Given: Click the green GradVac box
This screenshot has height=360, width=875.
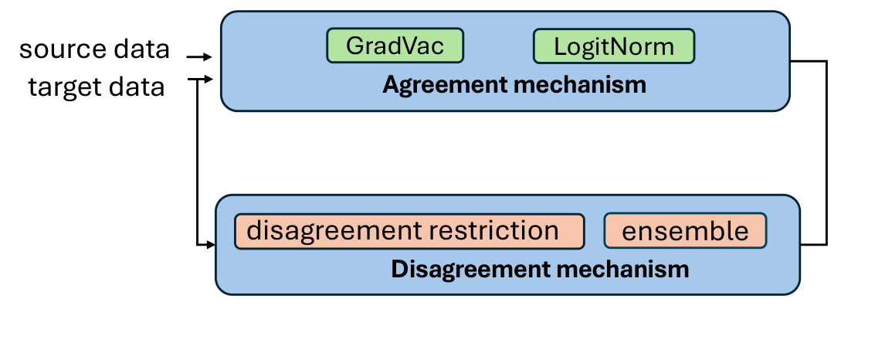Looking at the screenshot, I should [395, 46].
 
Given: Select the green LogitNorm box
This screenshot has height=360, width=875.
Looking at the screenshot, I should [614, 46].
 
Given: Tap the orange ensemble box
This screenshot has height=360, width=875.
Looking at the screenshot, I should [685, 231].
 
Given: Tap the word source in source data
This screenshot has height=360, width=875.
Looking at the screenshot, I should [61, 49].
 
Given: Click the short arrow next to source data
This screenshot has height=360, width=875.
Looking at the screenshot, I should [199, 57].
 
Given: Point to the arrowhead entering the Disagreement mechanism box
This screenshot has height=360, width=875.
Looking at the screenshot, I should [210, 245].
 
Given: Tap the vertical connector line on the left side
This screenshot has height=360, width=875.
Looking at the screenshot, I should [199, 162].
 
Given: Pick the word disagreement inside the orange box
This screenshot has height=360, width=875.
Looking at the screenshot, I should [327, 231].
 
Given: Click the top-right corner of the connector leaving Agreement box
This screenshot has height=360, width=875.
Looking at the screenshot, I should [827, 61].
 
